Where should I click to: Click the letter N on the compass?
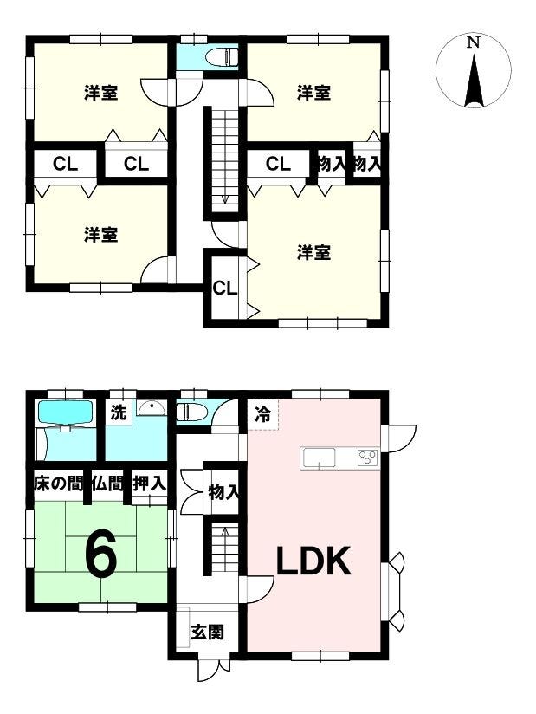coord(474,42)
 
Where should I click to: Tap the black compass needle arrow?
coord(474,81)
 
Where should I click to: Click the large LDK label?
coord(314,561)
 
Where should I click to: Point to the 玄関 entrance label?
coord(207,632)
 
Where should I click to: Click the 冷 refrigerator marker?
coord(262,414)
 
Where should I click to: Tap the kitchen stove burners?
coord(368,458)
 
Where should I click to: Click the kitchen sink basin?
coord(320,458)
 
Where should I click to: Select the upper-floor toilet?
coord(222,58)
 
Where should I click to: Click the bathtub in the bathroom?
coord(66,412)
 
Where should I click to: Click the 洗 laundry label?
coord(119,412)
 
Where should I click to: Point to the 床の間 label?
coord(58,484)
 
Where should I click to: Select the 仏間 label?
coord(108,484)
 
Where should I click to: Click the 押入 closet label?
coord(149,484)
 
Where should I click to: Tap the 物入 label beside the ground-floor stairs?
coord(223,492)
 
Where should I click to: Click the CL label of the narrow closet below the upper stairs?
coord(225,288)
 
